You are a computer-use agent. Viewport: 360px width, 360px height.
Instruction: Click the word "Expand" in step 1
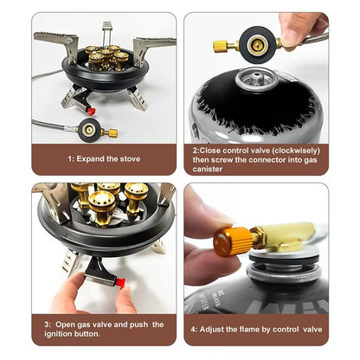(x=91, y=159)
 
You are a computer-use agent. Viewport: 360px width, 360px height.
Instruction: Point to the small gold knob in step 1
(x=111, y=133)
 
